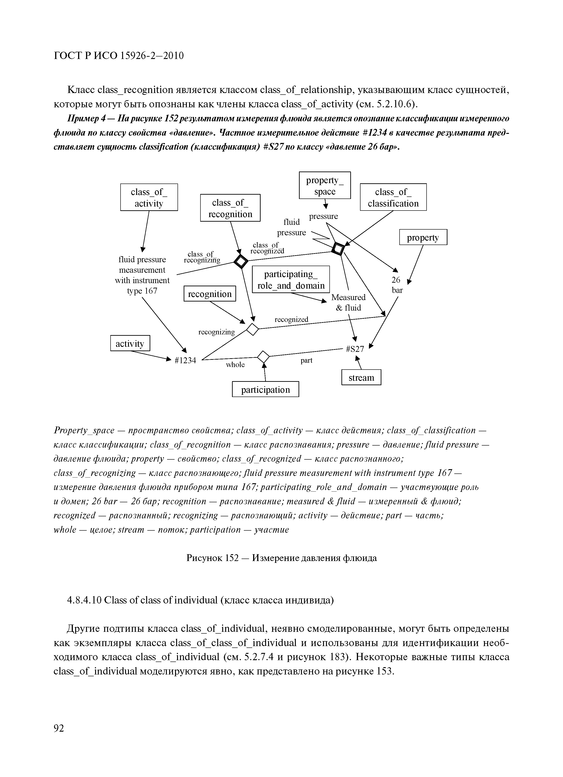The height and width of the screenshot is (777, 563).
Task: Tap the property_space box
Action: pyautogui.click(x=325, y=185)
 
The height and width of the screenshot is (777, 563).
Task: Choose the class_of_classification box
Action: pyautogui.click(x=393, y=197)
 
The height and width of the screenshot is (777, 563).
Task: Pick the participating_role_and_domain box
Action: pyautogui.click(x=291, y=279)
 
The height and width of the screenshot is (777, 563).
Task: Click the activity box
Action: pyautogui.click(x=130, y=343)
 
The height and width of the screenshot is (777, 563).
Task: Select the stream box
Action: pyautogui.click(x=361, y=377)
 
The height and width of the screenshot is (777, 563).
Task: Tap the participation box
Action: pyautogui.click(x=265, y=390)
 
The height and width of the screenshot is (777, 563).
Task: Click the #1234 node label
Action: pyautogui.click(x=185, y=360)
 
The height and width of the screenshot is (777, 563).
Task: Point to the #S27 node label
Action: pyautogui.click(x=355, y=349)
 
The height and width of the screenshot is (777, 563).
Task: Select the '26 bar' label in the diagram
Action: pyautogui.click(x=397, y=285)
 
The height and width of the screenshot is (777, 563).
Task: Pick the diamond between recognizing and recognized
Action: pyautogui.click(x=253, y=330)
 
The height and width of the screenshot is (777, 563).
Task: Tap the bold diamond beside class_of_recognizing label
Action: pyautogui.click(x=241, y=262)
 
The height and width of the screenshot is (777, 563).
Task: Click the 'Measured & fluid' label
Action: pyautogui.click(x=348, y=302)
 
